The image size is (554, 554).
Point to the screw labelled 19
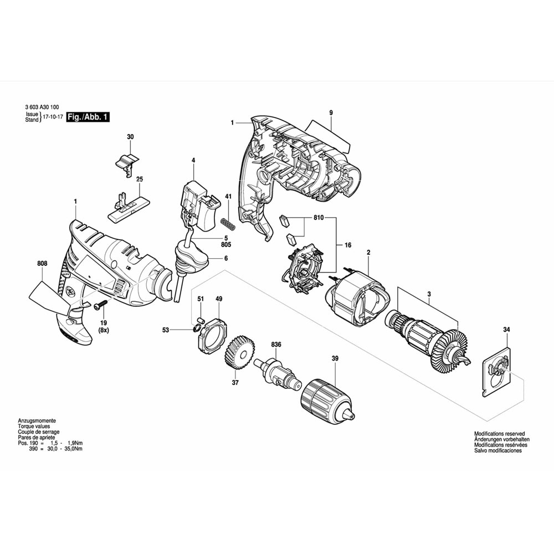[x=101, y=304]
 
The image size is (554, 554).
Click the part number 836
[x=276, y=345]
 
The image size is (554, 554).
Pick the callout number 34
[x=506, y=330]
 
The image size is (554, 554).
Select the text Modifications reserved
[x=499, y=434]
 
